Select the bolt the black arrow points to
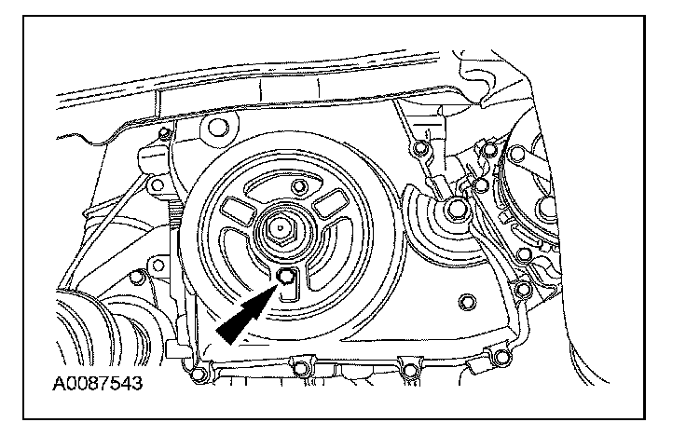coord(286,275)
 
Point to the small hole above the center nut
coord(299,189)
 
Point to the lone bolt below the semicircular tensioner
coord(465,302)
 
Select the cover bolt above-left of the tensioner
coord(421,149)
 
